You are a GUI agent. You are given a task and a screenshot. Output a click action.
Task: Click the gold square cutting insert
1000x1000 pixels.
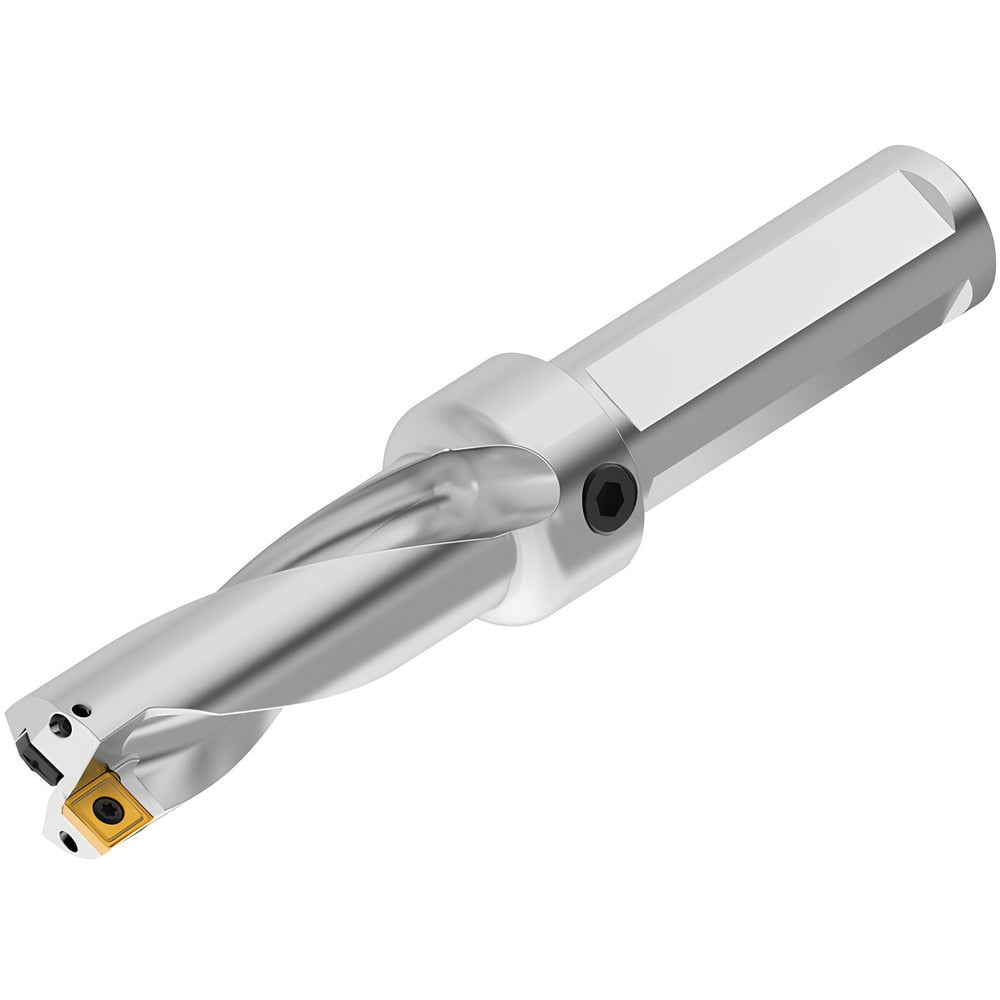click(x=104, y=804)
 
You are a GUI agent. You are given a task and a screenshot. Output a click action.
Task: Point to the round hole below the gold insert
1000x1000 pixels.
click(x=69, y=843)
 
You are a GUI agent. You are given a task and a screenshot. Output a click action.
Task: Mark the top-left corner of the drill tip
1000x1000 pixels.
click(x=14, y=712)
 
